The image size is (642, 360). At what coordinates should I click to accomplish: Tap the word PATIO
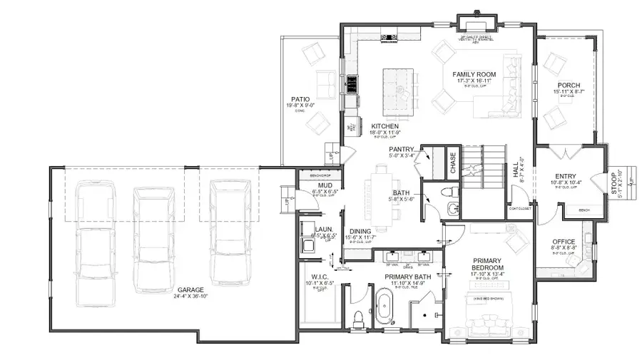(x=300, y=100)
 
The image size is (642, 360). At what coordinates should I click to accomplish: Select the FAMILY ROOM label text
(x=474, y=75)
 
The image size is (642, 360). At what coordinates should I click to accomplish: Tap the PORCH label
(x=569, y=86)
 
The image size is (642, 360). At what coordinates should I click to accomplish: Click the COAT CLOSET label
(x=521, y=209)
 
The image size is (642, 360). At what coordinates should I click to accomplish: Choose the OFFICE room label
(x=564, y=242)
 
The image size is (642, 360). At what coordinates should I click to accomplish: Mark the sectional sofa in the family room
(x=503, y=86)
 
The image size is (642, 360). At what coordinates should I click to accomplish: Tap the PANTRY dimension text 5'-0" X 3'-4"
(x=403, y=155)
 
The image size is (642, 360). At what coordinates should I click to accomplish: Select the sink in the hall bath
(x=452, y=208)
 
